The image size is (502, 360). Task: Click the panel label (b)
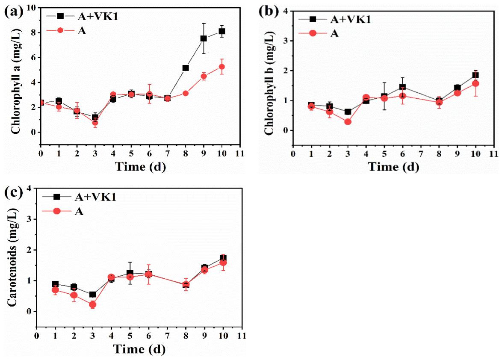click(269, 12)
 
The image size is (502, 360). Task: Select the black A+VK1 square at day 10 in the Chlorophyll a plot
click(221, 31)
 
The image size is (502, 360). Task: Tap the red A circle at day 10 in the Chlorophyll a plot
click(221, 67)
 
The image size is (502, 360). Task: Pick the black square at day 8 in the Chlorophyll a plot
click(186, 68)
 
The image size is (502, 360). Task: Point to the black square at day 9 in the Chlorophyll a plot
click(204, 38)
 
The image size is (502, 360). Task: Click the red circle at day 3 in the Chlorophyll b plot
click(348, 121)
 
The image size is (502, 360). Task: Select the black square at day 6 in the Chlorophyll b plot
click(402, 87)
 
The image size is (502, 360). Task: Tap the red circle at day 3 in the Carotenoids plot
click(92, 304)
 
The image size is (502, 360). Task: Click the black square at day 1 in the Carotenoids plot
click(56, 284)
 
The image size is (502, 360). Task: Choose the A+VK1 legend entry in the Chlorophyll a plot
click(83, 16)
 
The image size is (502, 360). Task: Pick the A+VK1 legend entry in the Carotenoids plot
click(80, 197)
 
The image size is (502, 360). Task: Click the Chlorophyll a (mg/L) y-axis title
click(15, 81)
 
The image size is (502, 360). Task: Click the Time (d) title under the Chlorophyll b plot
click(393, 167)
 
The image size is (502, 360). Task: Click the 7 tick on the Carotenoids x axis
click(167, 335)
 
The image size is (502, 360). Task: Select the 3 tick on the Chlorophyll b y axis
click(286, 41)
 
